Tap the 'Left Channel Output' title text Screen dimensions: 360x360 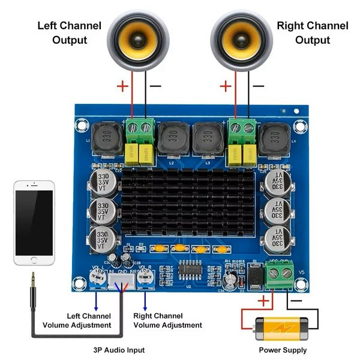70,33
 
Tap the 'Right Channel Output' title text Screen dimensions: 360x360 312,33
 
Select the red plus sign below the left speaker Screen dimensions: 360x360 122,86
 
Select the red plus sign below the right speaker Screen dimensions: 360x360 226,86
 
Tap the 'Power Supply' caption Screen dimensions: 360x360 283,350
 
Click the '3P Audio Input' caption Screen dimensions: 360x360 119,350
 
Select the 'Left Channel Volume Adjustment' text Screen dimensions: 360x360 77,320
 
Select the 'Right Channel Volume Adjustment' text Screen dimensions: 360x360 167,320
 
